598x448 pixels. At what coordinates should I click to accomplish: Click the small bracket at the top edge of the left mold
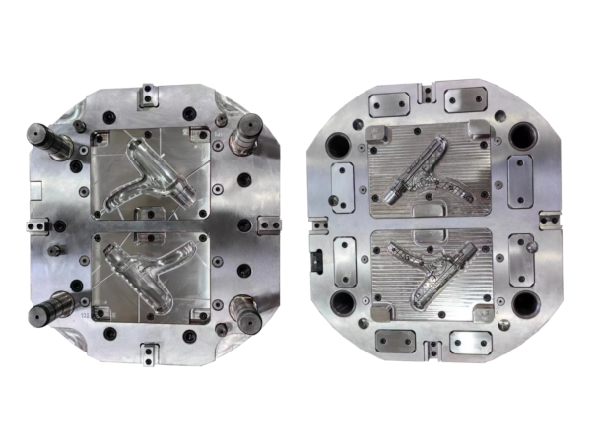click(x=148, y=95)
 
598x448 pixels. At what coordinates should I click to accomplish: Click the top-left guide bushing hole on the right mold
click(x=338, y=147)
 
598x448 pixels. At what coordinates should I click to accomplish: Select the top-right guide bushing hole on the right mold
click(x=523, y=139)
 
